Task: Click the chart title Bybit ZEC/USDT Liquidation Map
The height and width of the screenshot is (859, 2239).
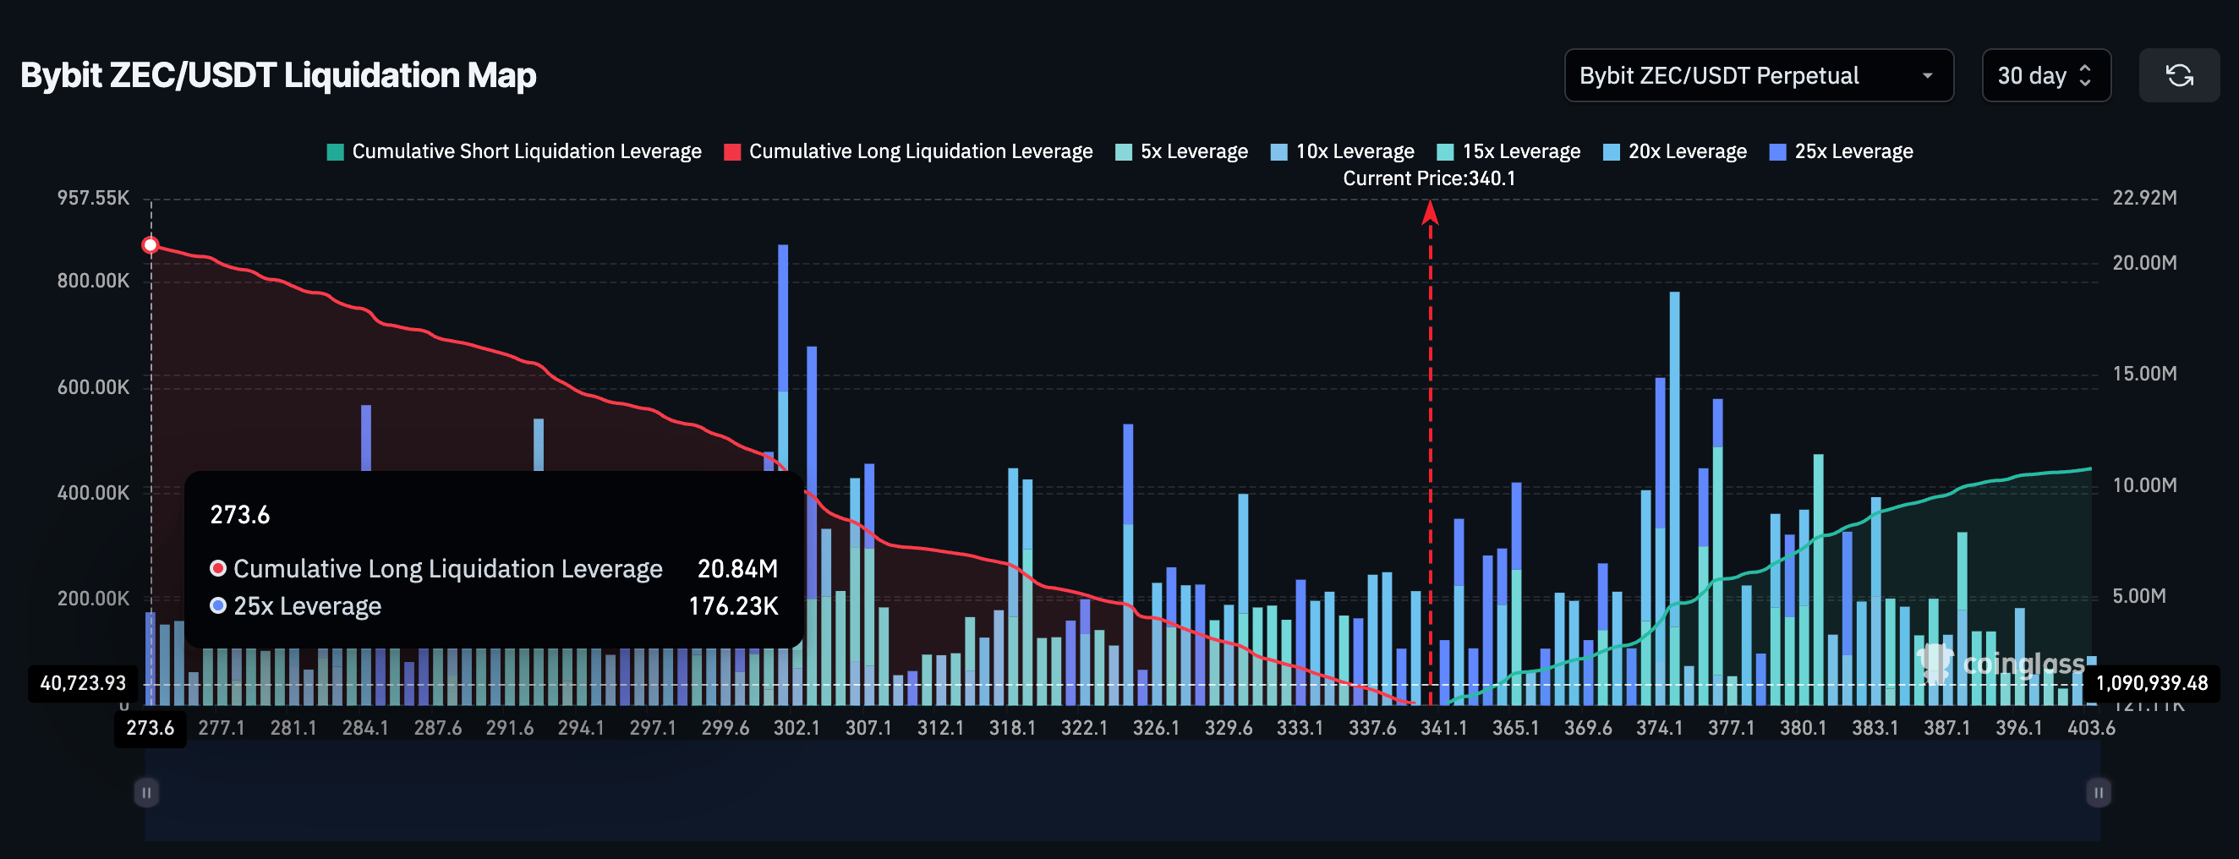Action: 278,75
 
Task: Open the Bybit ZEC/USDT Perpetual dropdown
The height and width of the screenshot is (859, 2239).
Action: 1758,75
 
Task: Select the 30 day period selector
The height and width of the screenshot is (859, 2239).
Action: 2045,75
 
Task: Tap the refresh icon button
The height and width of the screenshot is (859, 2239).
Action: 2178,75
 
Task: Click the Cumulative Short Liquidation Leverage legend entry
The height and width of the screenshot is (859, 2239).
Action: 515,151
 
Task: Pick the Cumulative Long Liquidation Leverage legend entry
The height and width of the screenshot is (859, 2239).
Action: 908,151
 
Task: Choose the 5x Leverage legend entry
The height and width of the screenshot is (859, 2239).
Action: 1182,151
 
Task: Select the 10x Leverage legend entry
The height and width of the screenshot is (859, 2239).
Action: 1343,151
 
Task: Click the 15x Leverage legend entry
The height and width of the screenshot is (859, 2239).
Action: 1509,151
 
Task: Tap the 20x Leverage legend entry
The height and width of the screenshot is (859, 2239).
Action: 1675,151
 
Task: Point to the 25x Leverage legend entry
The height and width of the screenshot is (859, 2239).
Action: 1842,151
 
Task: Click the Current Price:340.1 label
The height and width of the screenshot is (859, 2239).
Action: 1429,178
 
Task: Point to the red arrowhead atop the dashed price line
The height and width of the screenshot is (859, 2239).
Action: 1430,212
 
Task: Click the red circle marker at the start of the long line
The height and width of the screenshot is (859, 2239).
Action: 151,245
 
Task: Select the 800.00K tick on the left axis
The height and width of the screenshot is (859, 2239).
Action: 93,281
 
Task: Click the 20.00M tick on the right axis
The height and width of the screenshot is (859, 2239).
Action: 2144,263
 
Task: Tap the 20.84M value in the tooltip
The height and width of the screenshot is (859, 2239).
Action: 737,569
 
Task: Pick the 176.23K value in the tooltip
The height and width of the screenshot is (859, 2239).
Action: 733,606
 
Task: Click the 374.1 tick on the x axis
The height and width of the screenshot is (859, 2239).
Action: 1659,728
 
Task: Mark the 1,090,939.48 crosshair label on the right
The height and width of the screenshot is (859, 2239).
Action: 2151,682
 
